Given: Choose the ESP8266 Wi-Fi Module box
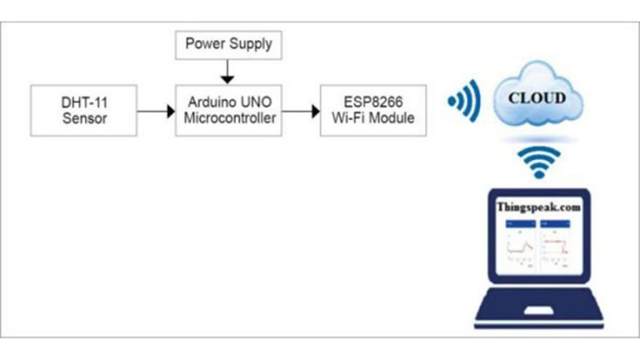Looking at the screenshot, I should click(x=366, y=109).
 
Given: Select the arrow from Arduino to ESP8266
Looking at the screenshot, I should click(x=299, y=109).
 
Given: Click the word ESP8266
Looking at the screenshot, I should click(x=366, y=101).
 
